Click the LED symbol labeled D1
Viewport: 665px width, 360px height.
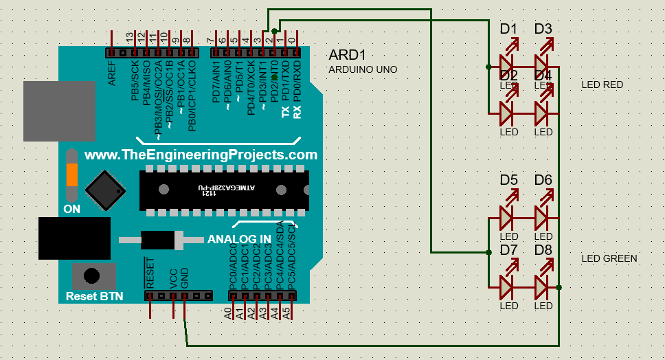[x=507, y=67]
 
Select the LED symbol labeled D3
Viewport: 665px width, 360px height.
[x=542, y=67]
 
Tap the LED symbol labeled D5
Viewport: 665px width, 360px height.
[x=507, y=218]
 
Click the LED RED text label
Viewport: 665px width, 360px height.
[x=602, y=85]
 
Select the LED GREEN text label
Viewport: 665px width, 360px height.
[x=609, y=258]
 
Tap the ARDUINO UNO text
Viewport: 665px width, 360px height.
[x=363, y=69]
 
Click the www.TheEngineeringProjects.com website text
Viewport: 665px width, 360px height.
[x=201, y=155]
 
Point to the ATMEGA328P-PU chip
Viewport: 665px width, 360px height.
[x=224, y=190]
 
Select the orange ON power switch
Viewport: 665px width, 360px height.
[x=72, y=175]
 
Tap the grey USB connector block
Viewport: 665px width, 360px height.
[x=59, y=111]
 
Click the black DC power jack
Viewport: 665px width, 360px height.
[x=74, y=239]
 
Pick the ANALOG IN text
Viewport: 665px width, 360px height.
[x=239, y=240]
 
